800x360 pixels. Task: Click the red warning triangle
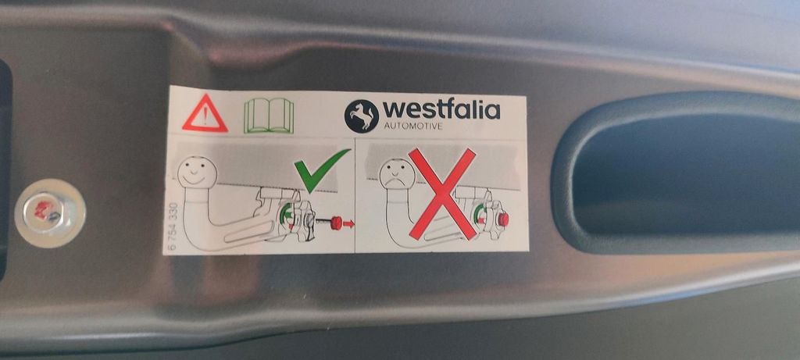click(x=205, y=114)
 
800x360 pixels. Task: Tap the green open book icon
click(x=269, y=116)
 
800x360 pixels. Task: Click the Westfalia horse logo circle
click(x=361, y=116)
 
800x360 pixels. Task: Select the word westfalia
click(x=441, y=110)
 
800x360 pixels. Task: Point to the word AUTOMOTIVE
click(x=414, y=126)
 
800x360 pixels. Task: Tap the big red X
click(x=442, y=194)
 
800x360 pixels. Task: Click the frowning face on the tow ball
click(x=396, y=173)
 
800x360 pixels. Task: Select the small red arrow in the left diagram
click(x=348, y=223)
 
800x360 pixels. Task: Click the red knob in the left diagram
click(x=336, y=223)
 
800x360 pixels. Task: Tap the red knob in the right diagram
click(x=503, y=219)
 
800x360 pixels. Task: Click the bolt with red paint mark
click(x=49, y=212)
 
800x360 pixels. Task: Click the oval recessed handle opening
click(x=679, y=173)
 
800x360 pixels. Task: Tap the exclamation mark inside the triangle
click(x=205, y=117)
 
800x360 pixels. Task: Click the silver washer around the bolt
click(x=50, y=212)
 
